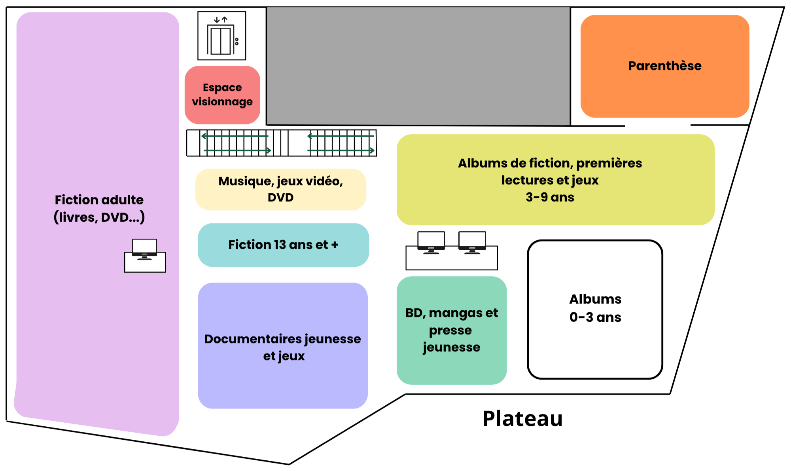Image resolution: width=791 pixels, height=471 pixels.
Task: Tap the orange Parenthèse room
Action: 664,66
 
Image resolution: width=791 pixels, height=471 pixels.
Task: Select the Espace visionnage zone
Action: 222,95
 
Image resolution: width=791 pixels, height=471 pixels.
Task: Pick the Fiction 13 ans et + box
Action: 283,245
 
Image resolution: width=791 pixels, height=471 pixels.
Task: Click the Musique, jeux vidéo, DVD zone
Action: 280,189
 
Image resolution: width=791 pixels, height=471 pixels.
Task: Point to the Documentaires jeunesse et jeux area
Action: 283,346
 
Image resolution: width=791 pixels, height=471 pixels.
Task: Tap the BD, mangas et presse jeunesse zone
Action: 451,330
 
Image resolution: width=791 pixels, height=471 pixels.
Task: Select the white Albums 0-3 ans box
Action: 595,309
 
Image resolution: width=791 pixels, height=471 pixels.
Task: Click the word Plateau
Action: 522,419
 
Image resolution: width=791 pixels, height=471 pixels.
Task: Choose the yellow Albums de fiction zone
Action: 555,180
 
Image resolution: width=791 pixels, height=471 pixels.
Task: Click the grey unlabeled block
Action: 418,66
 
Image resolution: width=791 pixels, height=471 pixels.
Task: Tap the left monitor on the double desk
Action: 431,242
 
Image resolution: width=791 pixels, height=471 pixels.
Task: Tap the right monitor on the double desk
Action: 472,242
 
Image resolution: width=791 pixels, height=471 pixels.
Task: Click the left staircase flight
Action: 237,143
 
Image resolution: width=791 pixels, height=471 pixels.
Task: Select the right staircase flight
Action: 341,143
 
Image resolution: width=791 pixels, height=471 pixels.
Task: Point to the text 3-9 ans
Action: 550,197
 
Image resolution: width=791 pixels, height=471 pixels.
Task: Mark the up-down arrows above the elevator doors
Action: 221,19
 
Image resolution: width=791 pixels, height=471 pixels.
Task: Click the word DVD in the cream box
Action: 280,198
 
